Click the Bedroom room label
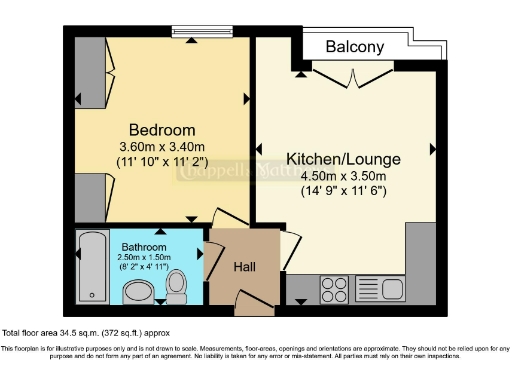tap(162, 130)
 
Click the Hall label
tap(245, 267)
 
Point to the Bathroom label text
tap(145, 246)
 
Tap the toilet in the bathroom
tap(177, 284)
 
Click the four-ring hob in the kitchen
tap(332, 290)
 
